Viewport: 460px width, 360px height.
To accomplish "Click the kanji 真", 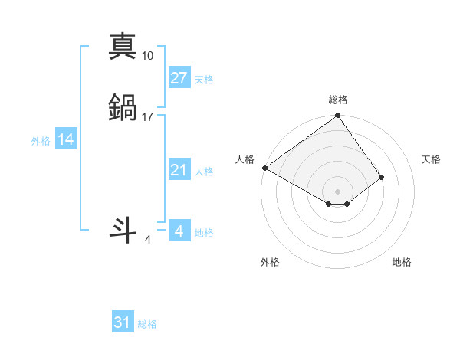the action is pyautogui.click(x=123, y=46).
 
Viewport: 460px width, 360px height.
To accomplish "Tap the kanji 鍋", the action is pyautogui.click(x=123, y=108).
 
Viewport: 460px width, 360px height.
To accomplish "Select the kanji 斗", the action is pyautogui.click(x=123, y=231).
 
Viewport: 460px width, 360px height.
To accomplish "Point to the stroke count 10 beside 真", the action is pyautogui.click(x=148, y=56).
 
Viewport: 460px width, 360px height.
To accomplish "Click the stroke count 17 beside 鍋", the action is pyautogui.click(x=148, y=117).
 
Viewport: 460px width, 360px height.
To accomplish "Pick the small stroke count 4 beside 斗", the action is pyautogui.click(x=148, y=240).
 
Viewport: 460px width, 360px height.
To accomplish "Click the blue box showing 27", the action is pyautogui.click(x=179, y=78).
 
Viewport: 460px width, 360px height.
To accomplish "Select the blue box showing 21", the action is pyautogui.click(x=179, y=170).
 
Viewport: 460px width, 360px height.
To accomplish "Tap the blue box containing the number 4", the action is pyautogui.click(x=179, y=231).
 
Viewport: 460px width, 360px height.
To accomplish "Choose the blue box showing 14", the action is pyautogui.click(x=66, y=139).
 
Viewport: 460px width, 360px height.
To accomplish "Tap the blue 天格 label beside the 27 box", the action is pyautogui.click(x=204, y=80).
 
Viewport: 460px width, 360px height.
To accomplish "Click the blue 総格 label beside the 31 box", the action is pyautogui.click(x=147, y=325).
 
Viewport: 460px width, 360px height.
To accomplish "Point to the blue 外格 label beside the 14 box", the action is pyautogui.click(x=41, y=141).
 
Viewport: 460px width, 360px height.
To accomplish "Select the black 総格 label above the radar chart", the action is pyautogui.click(x=338, y=100).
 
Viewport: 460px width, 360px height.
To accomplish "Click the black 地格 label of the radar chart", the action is pyautogui.click(x=402, y=262).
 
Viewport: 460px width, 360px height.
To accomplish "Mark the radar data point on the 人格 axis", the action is pyautogui.click(x=264, y=168).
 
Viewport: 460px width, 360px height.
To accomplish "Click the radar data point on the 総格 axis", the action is pyautogui.click(x=338, y=116).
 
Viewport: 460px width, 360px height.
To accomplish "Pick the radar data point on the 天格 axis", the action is pyautogui.click(x=382, y=177).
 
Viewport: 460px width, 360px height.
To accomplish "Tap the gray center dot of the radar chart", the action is pyautogui.click(x=338, y=191).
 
